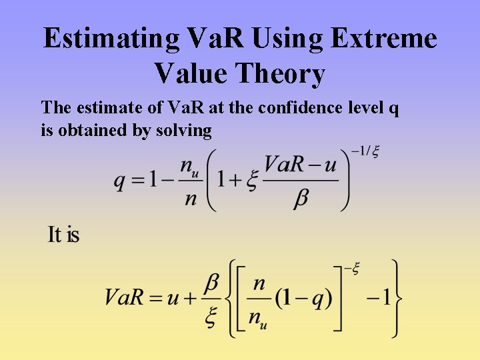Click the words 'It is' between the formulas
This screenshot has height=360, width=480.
click(x=63, y=235)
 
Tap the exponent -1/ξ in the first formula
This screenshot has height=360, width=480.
click(x=365, y=152)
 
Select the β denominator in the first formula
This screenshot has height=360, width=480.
click(x=301, y=199)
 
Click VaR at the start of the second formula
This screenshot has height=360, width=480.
click(x=125, y=297)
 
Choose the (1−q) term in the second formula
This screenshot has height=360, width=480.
click(x=304, y=297)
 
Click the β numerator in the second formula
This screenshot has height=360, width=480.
click(x=211, y=282)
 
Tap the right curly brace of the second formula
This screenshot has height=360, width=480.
click(x=397, y=297)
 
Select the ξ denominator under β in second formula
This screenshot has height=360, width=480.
click(x=211, y=318)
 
